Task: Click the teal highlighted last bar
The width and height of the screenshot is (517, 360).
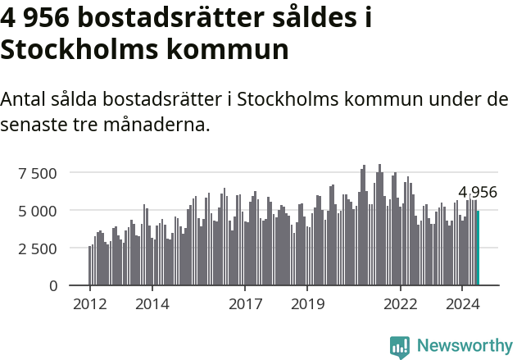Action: (478, 248)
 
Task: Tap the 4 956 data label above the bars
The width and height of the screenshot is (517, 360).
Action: (478, 193)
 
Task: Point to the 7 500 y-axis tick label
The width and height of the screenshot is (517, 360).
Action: (38, 173)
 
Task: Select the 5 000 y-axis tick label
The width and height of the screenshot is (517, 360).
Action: (38, 211)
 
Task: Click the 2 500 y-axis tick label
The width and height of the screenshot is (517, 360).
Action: (38, 248)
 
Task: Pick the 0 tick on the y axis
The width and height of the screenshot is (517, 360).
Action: (53, 286)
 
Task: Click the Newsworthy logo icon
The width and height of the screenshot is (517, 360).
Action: (400, 347)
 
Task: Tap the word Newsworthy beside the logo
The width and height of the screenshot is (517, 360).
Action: (465, 346)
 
